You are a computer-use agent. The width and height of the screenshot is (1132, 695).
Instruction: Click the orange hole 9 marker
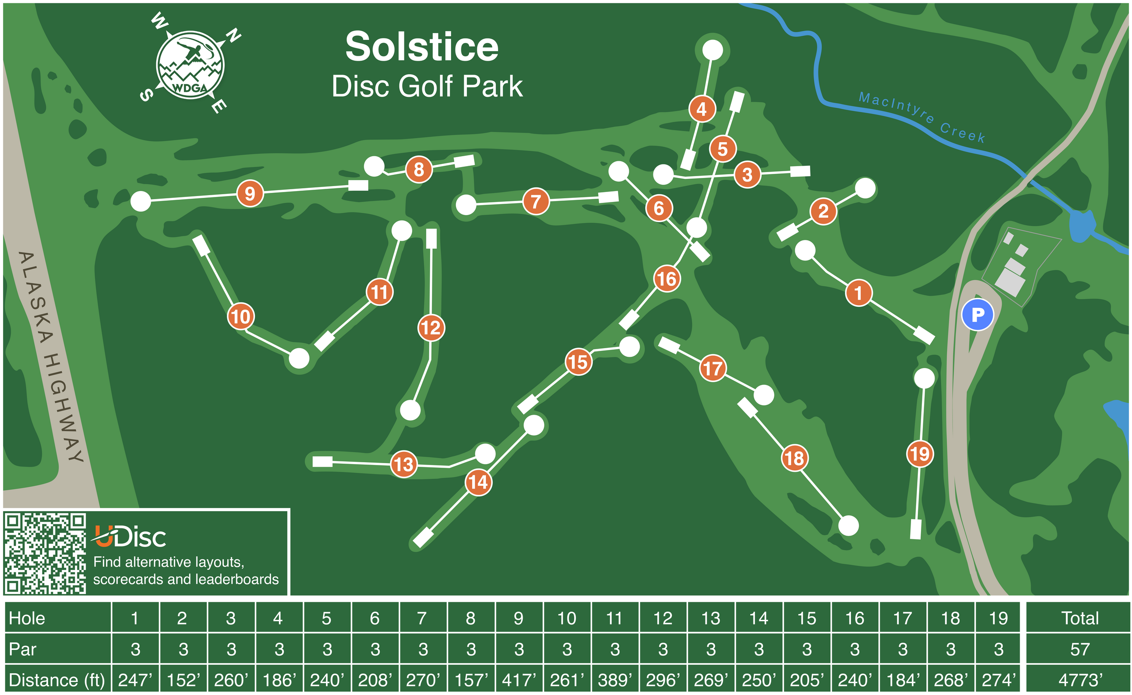tap(249, 193)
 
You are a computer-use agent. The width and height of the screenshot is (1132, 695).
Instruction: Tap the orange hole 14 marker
tap(478, 482)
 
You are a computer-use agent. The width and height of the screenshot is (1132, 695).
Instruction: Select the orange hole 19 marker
tap(920, 454)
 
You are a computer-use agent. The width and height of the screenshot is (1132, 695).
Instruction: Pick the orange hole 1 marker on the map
tap(858, 292)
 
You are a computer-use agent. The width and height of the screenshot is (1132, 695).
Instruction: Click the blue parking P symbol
tap(978, 315)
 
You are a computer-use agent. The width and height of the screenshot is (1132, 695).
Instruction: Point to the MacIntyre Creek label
tap(921, 117)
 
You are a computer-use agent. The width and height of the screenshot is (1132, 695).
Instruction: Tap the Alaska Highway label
tap(51, 356)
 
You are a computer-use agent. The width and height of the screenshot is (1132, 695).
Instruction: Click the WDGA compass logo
tap(190, 65)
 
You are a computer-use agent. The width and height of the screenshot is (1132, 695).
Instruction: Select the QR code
tap(45, 553)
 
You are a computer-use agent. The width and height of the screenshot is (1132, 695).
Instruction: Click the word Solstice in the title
tap(422, 47)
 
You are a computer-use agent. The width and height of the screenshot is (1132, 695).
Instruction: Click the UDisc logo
tap(130, 537)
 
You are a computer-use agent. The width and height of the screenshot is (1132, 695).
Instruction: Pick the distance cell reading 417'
tap(518, 680)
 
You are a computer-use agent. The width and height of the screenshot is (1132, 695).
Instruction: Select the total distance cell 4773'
tap(1079, 680)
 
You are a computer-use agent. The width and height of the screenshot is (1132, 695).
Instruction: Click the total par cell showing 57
tap(1079, 649)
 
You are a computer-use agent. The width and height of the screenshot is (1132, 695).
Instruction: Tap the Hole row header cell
tap(58, 618)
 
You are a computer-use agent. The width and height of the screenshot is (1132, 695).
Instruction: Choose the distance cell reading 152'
tap(183, 680)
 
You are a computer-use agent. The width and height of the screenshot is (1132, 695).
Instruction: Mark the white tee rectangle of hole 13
tap(322, 461)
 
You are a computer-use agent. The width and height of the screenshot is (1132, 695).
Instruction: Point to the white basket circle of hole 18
tap(849, 525)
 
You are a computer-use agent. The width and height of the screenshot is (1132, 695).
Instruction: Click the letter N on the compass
tap(234, 35)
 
